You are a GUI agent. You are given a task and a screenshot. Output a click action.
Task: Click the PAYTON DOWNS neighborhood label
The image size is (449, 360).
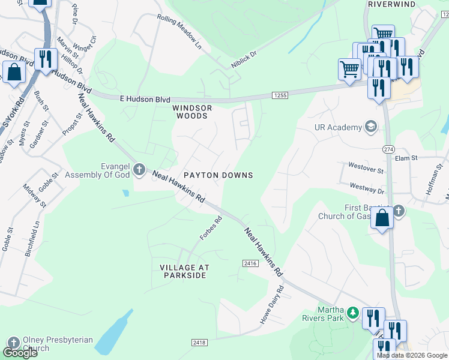(x=218, y=175)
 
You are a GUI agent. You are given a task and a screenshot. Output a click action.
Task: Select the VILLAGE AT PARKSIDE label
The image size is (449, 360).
(x=183, y=271)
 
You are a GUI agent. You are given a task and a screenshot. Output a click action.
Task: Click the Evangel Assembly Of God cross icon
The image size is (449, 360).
(x=139, y=170)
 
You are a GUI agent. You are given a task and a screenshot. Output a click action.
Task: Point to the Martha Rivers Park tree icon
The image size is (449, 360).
(x=354, y=313)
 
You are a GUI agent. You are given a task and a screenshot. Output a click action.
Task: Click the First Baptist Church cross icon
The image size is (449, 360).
(x=399, y=211)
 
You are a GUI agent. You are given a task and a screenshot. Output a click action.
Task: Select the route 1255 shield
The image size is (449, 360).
(x=280, y=95)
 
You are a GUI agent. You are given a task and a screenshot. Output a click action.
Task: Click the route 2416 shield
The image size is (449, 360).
(x=250, y=263)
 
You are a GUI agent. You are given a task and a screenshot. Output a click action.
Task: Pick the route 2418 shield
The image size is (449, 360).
(x=199, y=343)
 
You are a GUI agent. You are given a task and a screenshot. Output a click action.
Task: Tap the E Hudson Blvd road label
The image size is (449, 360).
(x=145, y=99)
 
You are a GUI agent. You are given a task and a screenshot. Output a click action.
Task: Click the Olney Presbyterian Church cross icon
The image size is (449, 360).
(x=13, y=344)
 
